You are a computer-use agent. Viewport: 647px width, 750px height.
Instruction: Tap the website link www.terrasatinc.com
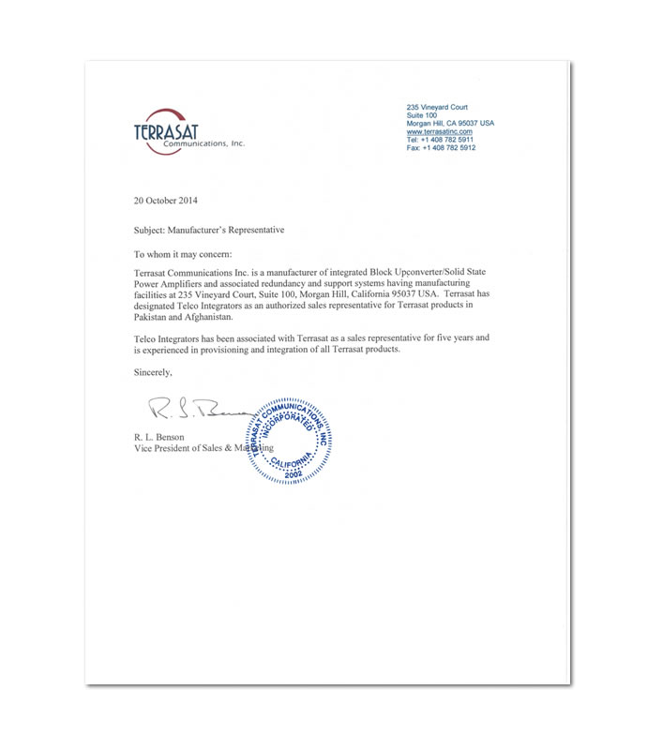click(439, 131)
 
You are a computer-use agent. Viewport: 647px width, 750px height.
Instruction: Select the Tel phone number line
click(441, 140)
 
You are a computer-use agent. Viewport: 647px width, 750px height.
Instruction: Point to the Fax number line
click(441, 148)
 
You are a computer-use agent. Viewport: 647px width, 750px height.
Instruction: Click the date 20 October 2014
click(166, 201)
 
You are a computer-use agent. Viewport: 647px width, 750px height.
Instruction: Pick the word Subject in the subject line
click(151, 229)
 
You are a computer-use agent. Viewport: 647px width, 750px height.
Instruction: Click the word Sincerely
click(154, 372)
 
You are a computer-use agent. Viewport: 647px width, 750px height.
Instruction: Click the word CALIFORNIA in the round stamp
click(296, 462)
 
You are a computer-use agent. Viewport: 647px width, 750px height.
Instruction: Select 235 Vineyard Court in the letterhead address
click(436, 107)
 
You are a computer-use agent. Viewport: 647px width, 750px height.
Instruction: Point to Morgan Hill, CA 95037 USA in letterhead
click(450, 124)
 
